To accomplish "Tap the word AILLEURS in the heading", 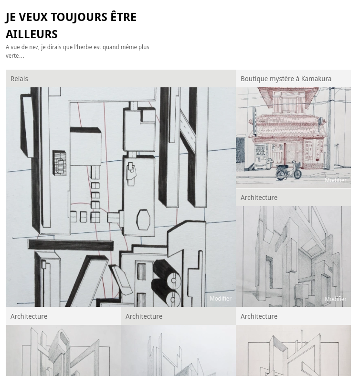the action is tap(32, 34).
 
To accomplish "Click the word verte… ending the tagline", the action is tap(15, 56).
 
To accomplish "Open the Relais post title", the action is tap(19, 79).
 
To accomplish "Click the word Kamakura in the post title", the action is tap(316, 79).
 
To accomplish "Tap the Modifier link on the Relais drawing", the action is tap(221, 299).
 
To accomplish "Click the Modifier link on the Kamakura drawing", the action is tap(336, 180).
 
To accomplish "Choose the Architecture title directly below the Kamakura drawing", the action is tap(259, 198).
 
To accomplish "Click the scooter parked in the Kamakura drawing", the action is tap(288, 171).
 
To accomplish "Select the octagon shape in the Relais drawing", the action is tap(143, 219).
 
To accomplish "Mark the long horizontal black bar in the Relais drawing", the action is tap(71, 245).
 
